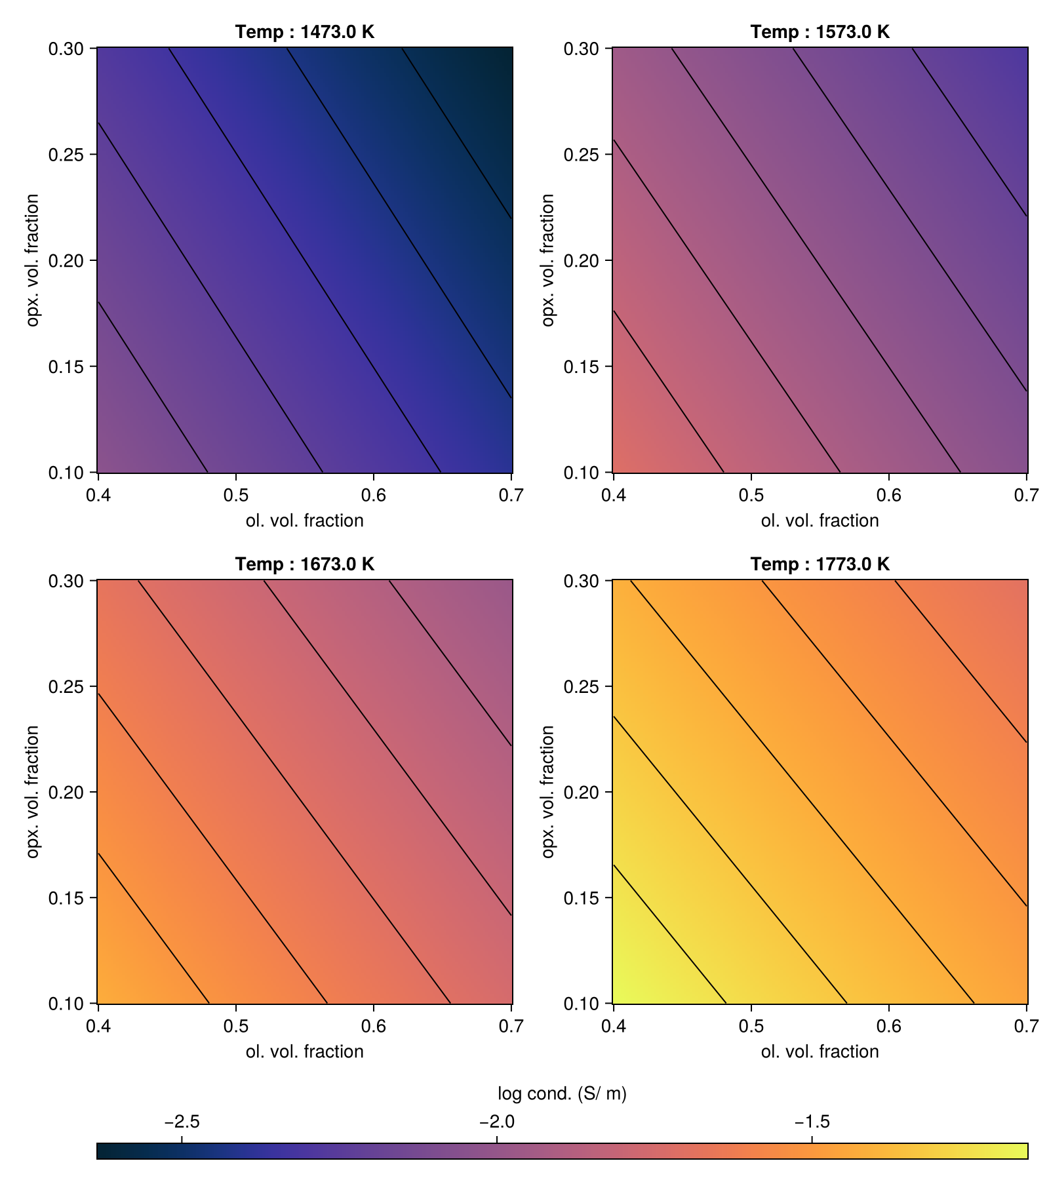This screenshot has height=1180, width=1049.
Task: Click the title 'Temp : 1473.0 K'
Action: tap(305, 31)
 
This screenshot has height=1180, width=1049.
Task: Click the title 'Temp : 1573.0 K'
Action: tap(820, 31)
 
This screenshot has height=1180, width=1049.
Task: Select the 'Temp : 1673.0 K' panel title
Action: tap(305, 564)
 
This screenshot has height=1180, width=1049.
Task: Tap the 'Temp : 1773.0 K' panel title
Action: tap(820, 564)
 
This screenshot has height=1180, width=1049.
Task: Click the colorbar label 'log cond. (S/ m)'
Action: tap(562, 1093)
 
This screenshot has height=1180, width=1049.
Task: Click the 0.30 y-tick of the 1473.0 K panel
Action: tap(68, 49)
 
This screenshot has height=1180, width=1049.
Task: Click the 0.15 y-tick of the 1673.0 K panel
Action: tap(68, 898)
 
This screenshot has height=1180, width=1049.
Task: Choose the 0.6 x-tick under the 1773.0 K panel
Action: tap(888, 1026)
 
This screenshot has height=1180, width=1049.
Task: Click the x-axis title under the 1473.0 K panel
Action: tap(305, 521)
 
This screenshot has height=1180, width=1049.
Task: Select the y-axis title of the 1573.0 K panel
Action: tap(548, 260)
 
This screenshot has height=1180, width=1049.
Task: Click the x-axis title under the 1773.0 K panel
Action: tap(820, 1052)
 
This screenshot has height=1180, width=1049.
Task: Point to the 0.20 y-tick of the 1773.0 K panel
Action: tap(583, 792)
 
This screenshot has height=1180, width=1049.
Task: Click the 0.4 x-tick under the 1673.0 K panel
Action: tap(98, 1026)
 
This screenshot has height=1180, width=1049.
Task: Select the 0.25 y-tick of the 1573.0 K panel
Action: tap(583, 155)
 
